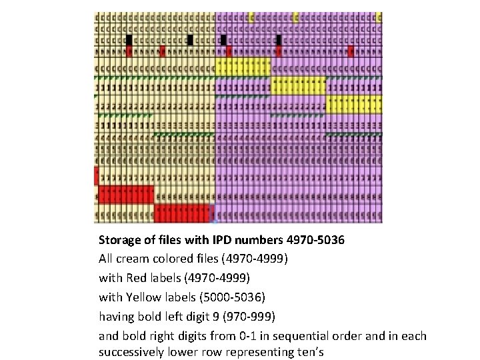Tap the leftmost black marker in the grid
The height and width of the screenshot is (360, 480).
coord(129,40)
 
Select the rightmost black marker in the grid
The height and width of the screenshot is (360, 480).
coord(278,40)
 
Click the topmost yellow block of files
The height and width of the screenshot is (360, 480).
coord(243,67)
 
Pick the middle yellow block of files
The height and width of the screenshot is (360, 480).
coord(299,86)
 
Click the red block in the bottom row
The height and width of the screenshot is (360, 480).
coord(183,213)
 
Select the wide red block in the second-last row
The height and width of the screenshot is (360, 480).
coord(126,195)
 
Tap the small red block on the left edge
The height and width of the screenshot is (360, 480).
coord(97,176)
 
